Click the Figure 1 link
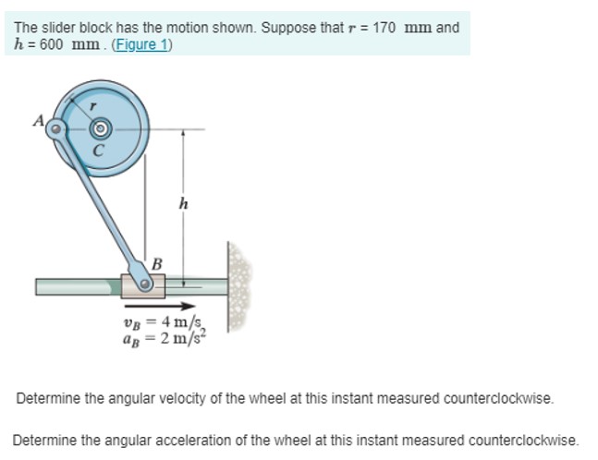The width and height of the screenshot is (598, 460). [141, 45]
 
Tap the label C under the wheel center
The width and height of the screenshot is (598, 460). [98, 148]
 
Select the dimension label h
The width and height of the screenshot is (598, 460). [183, 204]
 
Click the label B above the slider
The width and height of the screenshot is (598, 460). [156, 264]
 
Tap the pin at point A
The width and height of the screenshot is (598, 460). [56, 129]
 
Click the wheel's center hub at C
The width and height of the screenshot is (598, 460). [100, 128]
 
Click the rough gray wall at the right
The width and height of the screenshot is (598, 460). [238, 286]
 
